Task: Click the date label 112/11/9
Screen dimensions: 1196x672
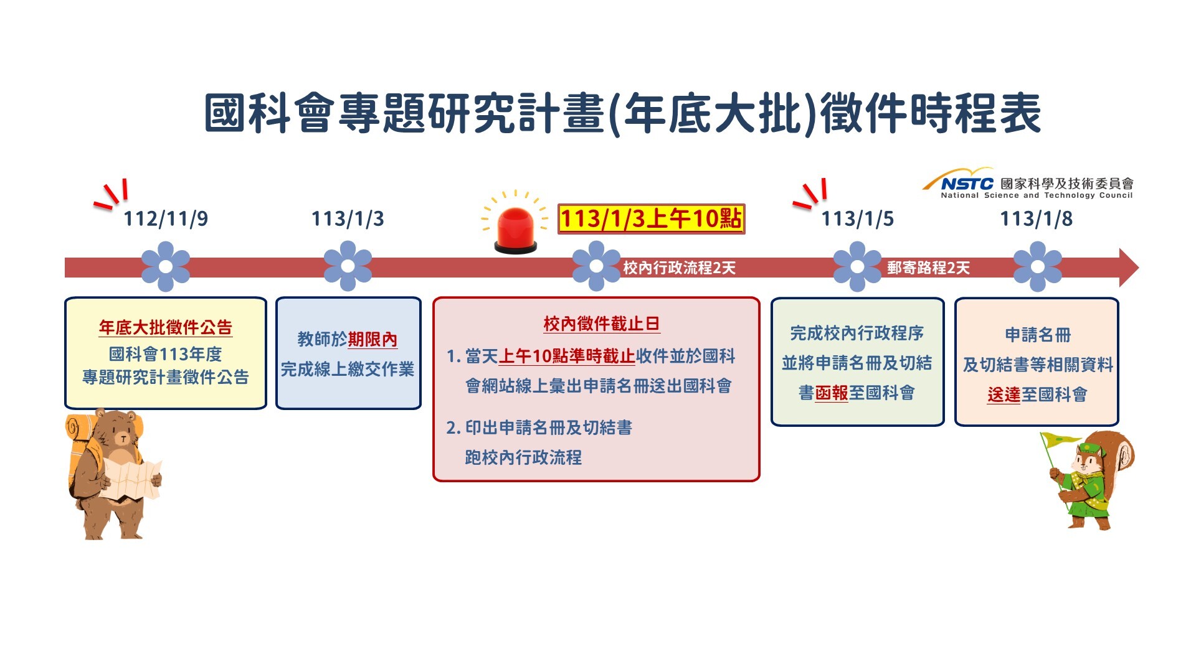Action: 166,219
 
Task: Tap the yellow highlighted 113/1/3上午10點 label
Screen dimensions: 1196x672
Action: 651,219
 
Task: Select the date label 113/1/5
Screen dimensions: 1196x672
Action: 858,219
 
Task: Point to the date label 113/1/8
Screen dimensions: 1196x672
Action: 1037,219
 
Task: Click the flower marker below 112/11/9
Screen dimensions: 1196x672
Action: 166,266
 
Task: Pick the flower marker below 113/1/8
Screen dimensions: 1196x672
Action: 1038,266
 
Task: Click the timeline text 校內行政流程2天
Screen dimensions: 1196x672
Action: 680,268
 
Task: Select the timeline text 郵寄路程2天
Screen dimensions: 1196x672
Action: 929,268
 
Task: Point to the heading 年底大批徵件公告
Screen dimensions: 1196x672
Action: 166,327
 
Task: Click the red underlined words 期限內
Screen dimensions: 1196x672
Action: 373,340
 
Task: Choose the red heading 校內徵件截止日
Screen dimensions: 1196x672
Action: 602,324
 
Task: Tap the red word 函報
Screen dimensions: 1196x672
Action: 832,393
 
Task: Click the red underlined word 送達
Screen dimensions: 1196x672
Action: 1004,394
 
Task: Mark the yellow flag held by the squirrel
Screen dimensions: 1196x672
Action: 1060,440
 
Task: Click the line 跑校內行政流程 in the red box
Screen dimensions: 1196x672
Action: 523,457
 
